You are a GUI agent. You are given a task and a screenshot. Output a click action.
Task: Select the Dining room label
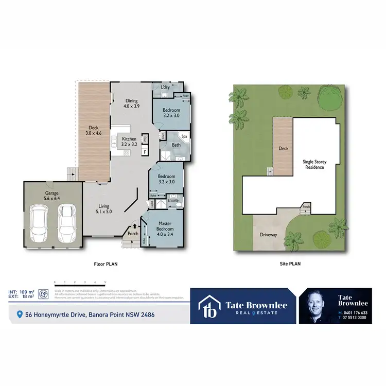point(131,103)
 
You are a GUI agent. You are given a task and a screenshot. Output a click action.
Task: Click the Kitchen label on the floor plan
point(129,142)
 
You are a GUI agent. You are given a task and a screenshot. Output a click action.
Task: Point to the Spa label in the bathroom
point(183,136)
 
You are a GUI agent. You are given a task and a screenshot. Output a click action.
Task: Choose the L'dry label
point(165,87)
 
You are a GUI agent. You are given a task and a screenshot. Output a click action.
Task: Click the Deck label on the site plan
point(283,149)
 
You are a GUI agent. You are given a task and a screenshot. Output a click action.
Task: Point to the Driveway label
point(268,235)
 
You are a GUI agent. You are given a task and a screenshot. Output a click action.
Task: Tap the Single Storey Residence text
point(314,164)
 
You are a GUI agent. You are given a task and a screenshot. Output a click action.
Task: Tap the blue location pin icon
point(20,314)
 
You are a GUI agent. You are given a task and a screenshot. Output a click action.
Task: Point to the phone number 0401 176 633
point(355,312)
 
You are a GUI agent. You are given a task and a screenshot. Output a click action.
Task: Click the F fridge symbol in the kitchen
point(145,152)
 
